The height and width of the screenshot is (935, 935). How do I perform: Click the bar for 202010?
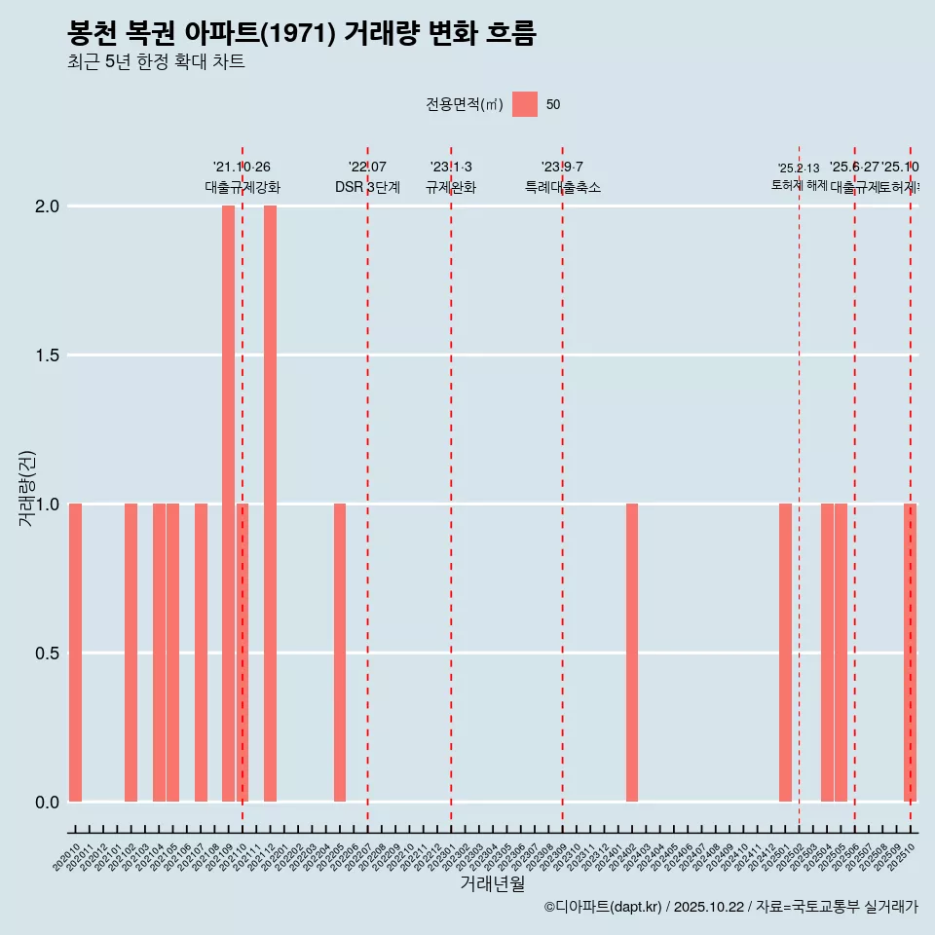(75, 653)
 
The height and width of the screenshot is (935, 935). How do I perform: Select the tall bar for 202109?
(228, 504)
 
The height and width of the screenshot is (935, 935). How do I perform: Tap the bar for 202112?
(270, 504)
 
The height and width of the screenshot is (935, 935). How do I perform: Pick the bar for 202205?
(340, 653)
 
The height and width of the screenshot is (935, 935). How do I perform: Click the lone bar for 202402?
(632, 653)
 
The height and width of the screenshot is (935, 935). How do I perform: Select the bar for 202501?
(785, 653)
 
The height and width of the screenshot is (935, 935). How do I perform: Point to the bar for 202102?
(131, 653)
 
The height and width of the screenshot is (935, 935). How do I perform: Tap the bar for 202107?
(201, 653)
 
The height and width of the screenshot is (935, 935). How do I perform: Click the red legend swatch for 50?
(525, 104)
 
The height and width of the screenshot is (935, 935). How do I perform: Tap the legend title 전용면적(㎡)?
(465, 104)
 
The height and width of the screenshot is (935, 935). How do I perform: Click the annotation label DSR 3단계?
(367, 187)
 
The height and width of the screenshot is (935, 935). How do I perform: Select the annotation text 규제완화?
(451, 187)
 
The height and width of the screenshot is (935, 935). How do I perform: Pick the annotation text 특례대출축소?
(562, 187)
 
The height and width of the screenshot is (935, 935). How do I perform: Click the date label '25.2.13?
(799, 168)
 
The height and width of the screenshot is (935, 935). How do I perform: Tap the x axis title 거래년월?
(492, 883)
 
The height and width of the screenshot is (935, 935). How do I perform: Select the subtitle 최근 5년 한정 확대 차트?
(156, 62)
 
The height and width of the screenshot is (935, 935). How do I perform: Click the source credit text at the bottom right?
(730, 907)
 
